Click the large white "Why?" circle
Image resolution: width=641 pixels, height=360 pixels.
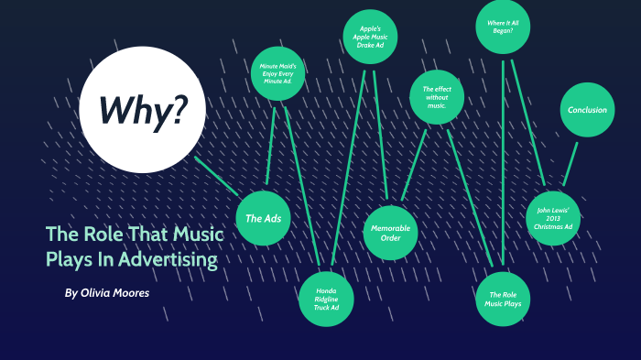pyautogui.click(x=142, y=110)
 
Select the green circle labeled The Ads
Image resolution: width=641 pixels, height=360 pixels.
pyautogui.click(x=264, y=219)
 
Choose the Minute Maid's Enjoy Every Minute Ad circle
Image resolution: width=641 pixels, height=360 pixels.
pyautogui.click(x=277, y=73)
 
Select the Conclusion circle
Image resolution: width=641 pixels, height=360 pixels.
pyautogui.click(x=587, y=111)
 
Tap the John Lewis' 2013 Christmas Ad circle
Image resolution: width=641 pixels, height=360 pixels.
pyautogui.click(x=553, y=218)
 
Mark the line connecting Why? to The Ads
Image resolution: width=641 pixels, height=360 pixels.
pyautogui.click(x=217, y=178)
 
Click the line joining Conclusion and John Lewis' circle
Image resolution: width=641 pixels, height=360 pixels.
pyautogui.click(x=570, y=164)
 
